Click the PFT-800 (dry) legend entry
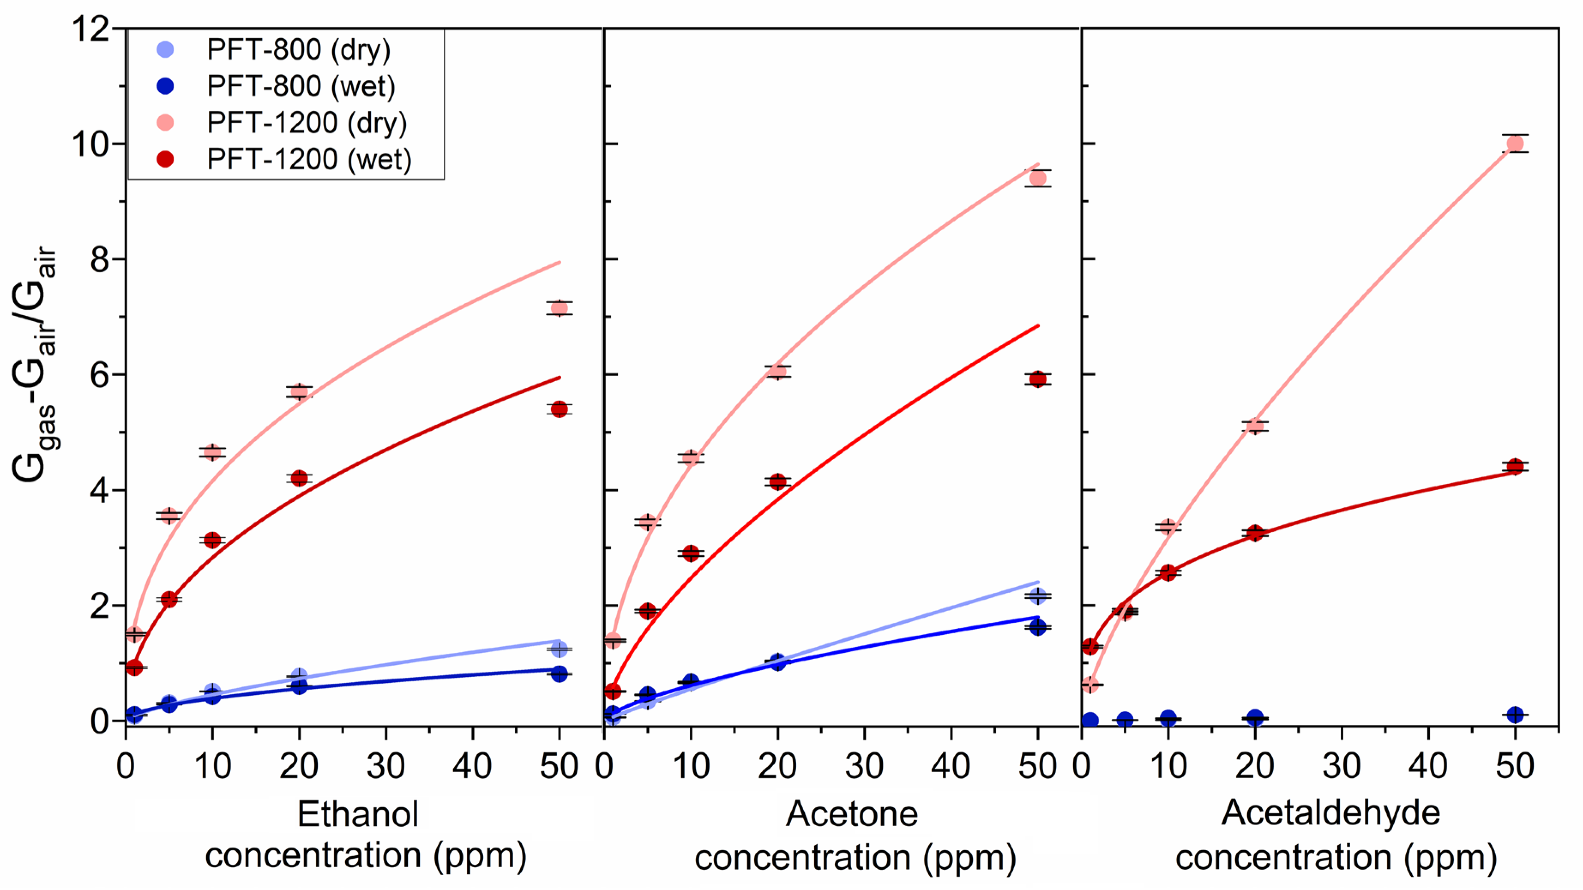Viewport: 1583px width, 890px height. (298, 50)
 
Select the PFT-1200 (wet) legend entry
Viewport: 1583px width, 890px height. (308, 160)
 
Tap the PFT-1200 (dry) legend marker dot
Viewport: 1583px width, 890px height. (166, 123)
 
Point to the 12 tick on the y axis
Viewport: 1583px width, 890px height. (92, 29)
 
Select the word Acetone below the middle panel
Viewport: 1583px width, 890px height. (852, 815)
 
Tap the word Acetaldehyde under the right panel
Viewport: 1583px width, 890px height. (1330, 813)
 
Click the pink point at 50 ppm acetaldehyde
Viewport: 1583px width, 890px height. (1515, 144)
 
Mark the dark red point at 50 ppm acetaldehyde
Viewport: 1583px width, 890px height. (1515, 467)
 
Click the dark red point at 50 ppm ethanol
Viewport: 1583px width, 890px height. (559, 409)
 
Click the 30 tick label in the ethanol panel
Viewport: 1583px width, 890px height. (386, 767)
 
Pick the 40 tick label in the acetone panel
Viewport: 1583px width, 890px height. (951, 767)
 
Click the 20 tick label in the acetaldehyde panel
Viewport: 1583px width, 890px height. (1255, 767)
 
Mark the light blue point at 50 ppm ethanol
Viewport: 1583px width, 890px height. (559, 649)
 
